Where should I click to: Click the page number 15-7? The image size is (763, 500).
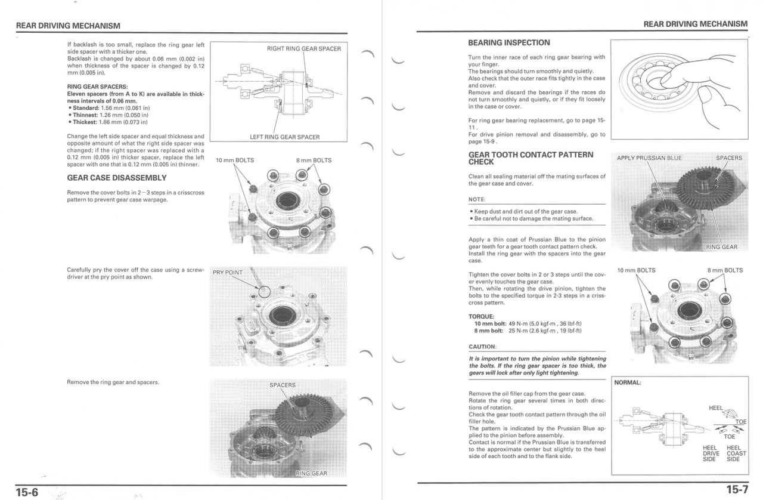coord(736,490)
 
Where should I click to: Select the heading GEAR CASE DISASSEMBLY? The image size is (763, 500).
coord(117,178)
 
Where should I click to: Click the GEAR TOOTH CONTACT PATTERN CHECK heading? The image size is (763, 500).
coord(522,158)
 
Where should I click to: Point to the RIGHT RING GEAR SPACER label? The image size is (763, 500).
coord(303,48)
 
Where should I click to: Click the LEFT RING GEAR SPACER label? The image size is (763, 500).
coord(284,137)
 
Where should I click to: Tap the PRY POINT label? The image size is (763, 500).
coord(228,273)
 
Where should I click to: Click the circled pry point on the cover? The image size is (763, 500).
coord(264,291)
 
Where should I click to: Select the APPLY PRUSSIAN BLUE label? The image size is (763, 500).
coord(649,158)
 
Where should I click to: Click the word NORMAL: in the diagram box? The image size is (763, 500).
coord(628,382)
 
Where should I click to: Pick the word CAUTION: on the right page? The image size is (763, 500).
coord(483,347)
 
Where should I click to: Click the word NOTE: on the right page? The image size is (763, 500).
coord(477,199)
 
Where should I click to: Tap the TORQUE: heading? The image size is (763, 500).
coord(482,316)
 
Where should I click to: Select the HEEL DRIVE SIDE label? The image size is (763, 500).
coord(710,453)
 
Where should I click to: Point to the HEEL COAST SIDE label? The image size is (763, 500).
coord(733,453)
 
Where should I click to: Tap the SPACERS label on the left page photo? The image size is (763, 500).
coord(282,385)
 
